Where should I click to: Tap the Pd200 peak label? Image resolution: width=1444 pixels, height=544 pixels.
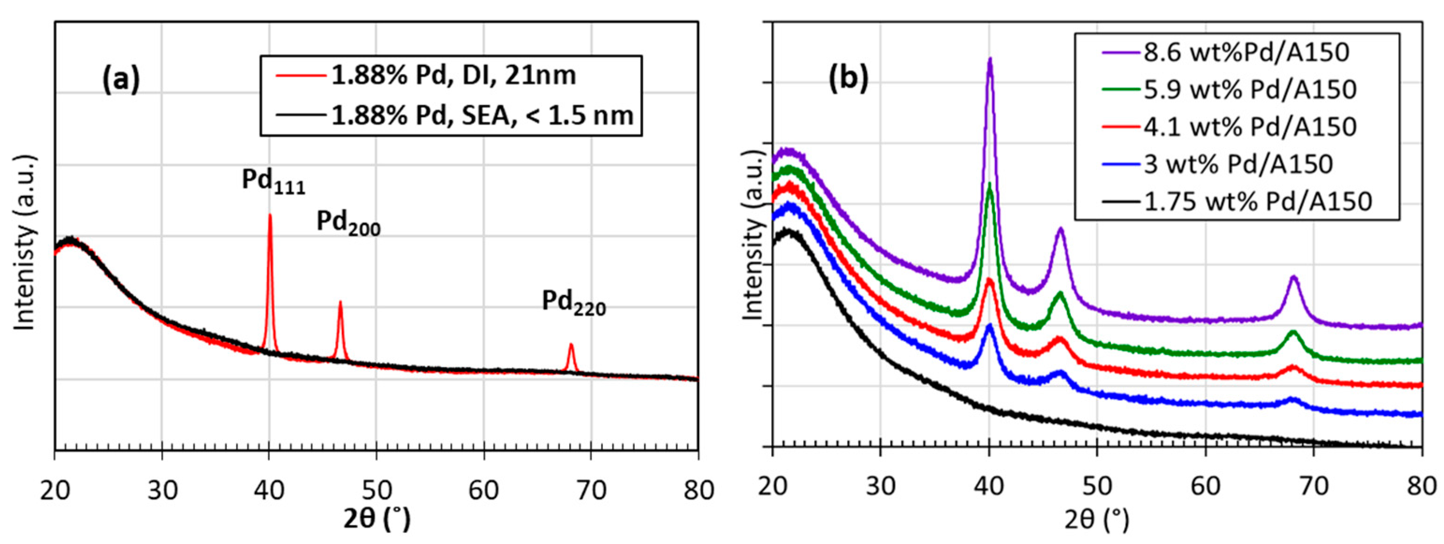[x=348, y=223]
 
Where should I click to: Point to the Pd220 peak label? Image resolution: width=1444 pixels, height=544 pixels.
[x=573, y=303]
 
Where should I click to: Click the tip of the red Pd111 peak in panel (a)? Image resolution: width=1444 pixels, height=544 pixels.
[x=269, y=215]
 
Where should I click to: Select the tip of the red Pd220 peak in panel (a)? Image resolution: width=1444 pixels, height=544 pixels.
[x=571, y=345]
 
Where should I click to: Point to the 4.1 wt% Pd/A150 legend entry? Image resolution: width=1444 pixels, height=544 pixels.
[x=1249, y=127]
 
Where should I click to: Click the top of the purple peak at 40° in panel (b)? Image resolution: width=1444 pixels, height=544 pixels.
[x=989, y=59]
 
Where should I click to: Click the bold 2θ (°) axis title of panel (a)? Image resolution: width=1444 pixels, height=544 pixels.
[x=377, y=518]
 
